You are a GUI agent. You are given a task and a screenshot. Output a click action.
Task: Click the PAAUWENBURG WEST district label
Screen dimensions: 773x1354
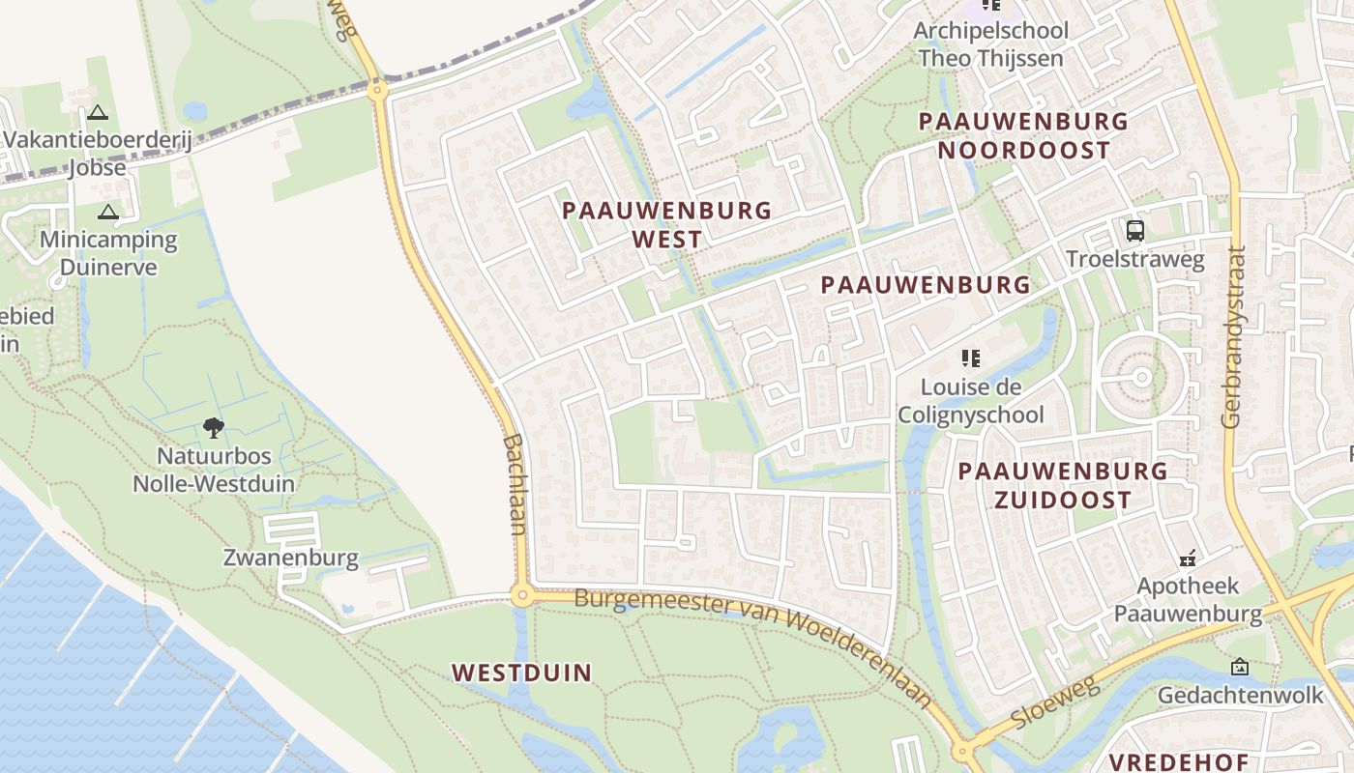667,224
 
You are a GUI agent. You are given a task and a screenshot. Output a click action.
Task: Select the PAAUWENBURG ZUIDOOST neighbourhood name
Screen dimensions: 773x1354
1062,485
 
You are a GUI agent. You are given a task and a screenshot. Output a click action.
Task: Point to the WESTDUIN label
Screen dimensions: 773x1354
521,673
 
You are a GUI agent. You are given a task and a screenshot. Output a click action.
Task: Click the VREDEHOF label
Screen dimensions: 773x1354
1178,761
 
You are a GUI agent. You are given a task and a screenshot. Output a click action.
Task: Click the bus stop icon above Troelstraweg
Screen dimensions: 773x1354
1135,231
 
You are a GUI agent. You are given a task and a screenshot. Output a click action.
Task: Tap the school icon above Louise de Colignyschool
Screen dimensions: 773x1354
970,358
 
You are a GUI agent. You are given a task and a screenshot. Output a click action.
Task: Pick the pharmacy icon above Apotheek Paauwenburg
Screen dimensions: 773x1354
1188,558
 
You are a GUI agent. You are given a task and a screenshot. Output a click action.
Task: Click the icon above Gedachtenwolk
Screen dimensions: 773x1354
1240,667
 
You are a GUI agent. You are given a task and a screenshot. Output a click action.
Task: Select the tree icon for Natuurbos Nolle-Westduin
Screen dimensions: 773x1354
214,427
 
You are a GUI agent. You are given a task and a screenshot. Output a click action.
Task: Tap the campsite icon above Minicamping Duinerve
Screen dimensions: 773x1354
107,212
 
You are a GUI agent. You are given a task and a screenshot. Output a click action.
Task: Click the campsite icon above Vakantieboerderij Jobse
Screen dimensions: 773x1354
97,112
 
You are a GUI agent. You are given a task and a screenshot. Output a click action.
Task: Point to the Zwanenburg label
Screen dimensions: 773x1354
290,558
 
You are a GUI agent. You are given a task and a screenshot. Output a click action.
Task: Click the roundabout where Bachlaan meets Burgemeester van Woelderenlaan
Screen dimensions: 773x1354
522,595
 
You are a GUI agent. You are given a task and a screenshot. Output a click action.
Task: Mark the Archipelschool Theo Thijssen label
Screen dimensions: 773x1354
990,43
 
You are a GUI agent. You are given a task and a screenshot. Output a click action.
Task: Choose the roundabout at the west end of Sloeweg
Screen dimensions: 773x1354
963,752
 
